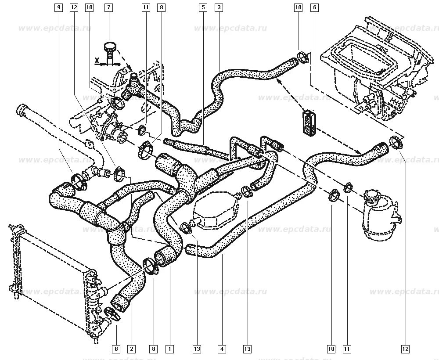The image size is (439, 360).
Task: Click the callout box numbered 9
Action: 58,7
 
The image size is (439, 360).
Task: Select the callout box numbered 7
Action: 108,7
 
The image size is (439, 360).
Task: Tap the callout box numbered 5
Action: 202,7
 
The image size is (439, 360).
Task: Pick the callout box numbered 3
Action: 219,7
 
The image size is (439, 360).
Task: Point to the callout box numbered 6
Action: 314,7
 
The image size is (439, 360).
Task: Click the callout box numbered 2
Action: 131,349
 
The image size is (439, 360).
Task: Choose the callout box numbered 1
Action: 169,349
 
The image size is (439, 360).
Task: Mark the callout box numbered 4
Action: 222,349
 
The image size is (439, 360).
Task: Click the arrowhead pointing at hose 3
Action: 278,81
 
